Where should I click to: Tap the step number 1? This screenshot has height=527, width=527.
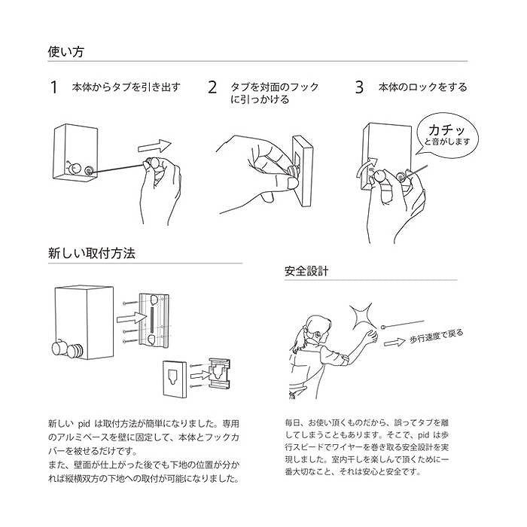[x=53, y=87]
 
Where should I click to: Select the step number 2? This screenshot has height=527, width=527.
[x=212, y=87]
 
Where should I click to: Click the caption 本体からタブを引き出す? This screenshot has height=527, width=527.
[x=126, y=87]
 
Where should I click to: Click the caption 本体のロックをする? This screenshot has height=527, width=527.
[x=422, y=87]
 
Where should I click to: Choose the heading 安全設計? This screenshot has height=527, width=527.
[x=306, y=270]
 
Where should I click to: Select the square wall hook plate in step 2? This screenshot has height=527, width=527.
[x=301, y=172]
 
